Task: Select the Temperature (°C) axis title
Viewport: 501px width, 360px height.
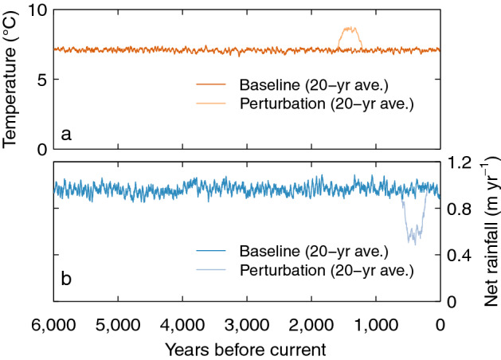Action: (11, 80)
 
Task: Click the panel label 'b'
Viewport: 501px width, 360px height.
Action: (67, 279)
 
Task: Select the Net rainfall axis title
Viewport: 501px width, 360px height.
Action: (488, 232)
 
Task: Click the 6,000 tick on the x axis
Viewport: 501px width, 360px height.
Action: (53, 323)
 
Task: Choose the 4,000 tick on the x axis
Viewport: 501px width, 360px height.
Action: (182, 323)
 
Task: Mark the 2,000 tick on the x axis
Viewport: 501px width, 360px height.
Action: (311, 323)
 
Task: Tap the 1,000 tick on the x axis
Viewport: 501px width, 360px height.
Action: (376, 323)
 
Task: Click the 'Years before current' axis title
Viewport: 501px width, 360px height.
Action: (246, 349)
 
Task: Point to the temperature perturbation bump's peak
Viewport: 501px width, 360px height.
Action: (349, 29)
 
